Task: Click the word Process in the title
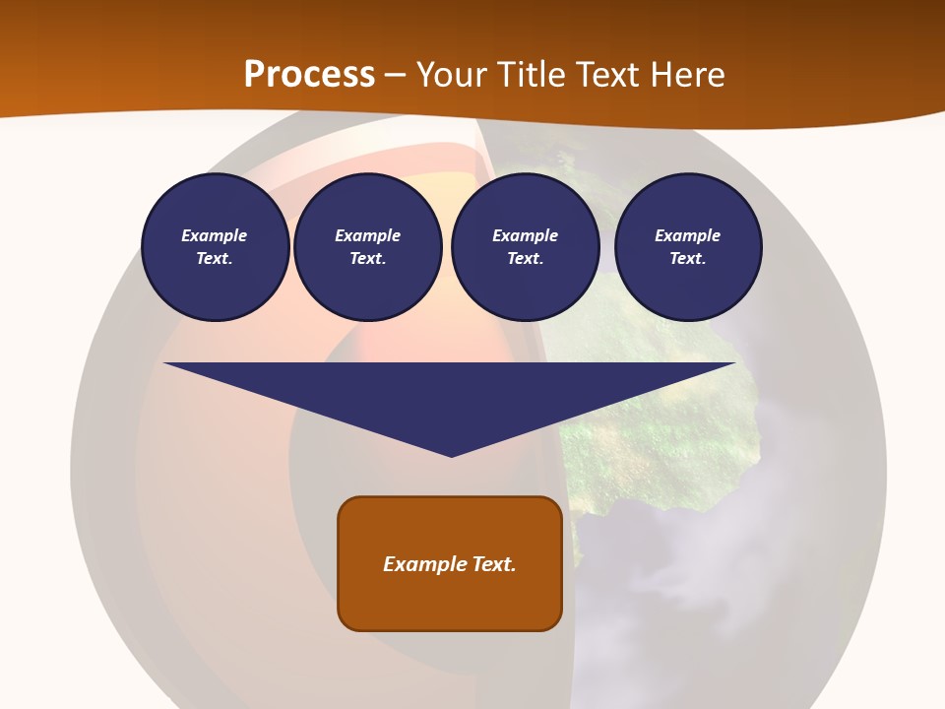(309, 75)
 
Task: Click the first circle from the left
(215, 247)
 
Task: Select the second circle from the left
(368, 247)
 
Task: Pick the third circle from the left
(525, 247)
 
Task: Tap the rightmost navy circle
(688, 247)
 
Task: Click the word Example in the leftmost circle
(215, 235)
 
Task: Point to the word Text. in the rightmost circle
(688, 259)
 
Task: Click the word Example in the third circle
(525, 235)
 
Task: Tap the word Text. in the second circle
(368, 259)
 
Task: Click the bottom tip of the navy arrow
(451, 454)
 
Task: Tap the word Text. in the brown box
(495, 564)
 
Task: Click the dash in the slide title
(396, 75)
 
